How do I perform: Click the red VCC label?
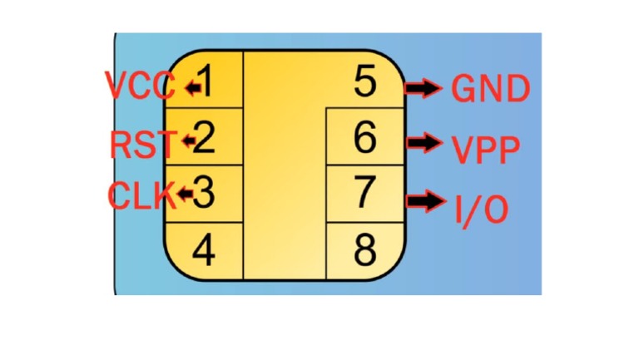click(x=140, y=85)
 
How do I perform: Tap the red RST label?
click(x=143, y=144)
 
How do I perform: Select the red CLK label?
click(x=141, y=195)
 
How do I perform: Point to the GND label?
click(x=491, y=88)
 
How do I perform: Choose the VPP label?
click(x=486, y=150)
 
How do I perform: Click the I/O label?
click(x=481, y=210)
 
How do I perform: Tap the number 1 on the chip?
click(x=206, y=81)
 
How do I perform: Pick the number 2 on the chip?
click(x=203, y=138)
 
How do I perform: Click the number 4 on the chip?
click(x=203, y=249)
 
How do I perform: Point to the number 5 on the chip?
click(x=364, y=81)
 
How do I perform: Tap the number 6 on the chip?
click(x=364, y=138)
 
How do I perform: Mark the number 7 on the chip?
click(x=364, y=192)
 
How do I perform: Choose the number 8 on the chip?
click(x=365, y=249)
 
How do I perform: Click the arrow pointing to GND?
click(x=424, y=88)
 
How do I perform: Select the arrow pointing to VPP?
click(x=424, y=142)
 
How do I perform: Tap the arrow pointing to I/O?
click(x=426, y=200)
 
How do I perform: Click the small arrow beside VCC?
click(x=193, y=87)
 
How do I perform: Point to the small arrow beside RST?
click(x=190, y=141)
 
